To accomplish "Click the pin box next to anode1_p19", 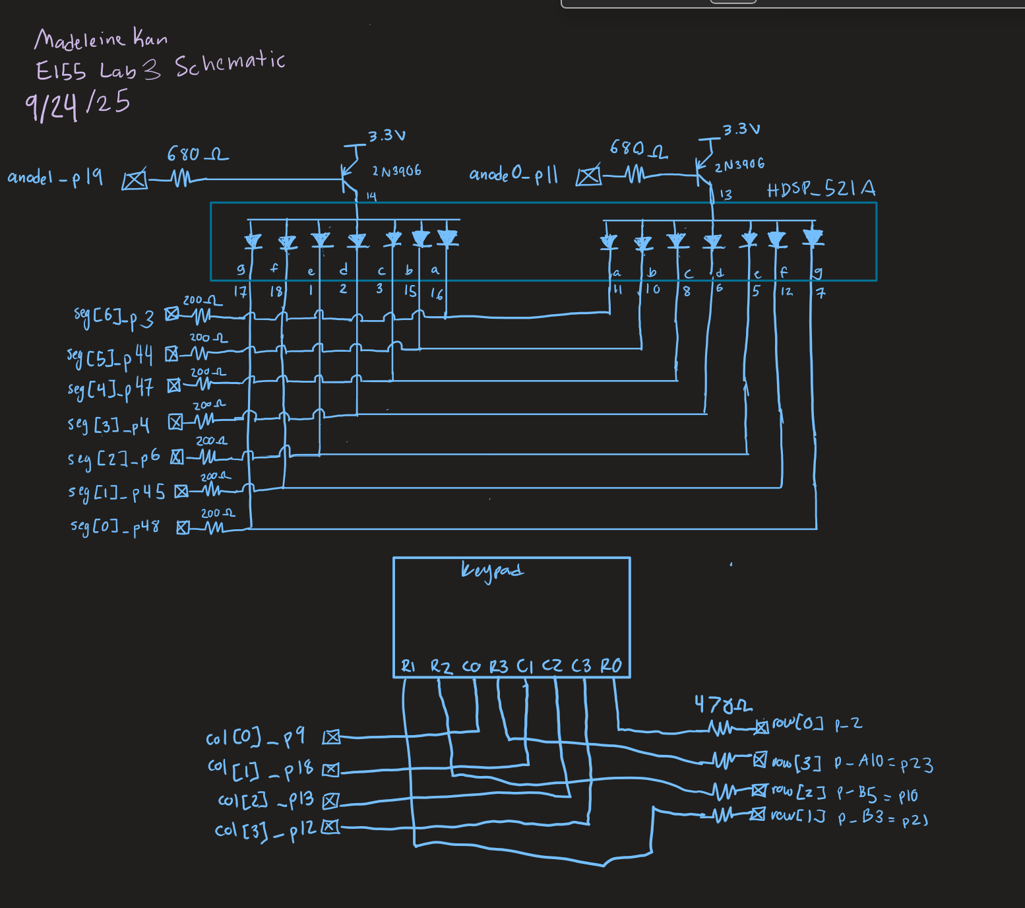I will point(135,180).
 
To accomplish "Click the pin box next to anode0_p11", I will point(588,176).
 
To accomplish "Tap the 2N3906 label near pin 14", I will point(396,172).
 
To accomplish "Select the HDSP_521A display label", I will point(821,189).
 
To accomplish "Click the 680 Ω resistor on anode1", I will point(181,178).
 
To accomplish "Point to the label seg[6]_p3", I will point(113,317).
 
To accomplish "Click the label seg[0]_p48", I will point(115,526).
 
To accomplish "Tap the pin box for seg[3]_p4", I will point(175,422).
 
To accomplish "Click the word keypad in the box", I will point(491,571).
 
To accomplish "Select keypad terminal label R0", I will point(611,666).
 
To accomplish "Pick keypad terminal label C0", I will point(471,666).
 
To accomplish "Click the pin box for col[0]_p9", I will point(331,737).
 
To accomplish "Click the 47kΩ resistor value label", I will point(722,705).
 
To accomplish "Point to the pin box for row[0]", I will point(761,727).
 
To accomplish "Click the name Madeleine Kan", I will point(101,39).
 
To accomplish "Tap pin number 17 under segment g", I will point(240,291).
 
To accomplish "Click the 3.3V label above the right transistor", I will point(741,129).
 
